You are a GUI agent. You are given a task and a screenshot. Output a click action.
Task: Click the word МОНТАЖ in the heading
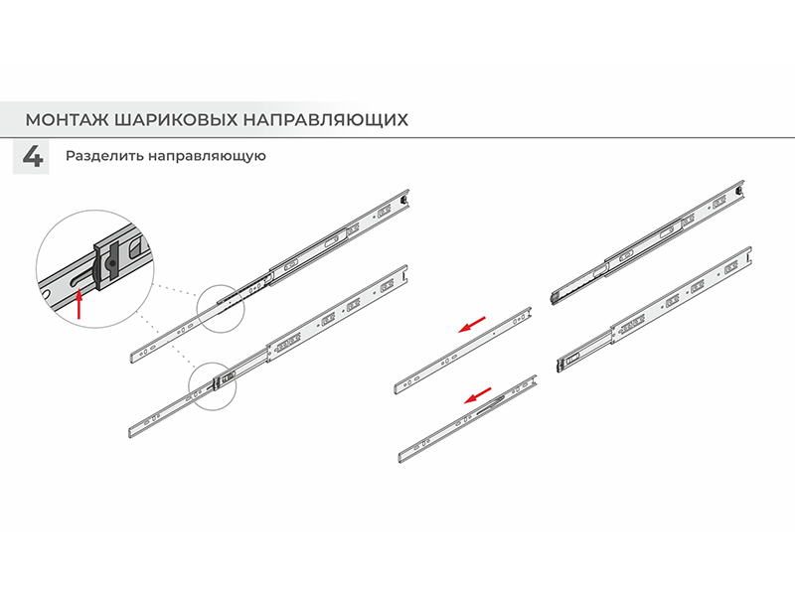tap(67, 120)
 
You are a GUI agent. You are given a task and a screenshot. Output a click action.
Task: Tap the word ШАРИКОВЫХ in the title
tap(176, 120)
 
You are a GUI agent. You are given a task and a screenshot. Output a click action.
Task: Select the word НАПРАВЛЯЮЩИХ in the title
tap(326, 120)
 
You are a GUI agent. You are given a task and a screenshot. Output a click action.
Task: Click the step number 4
tap(32, 157)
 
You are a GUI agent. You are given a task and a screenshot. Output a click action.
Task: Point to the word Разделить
tap(104, 156)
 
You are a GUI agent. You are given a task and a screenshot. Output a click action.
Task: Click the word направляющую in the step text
tap(207, 156)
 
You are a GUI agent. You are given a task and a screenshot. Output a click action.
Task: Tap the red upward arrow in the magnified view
tap(79, 304)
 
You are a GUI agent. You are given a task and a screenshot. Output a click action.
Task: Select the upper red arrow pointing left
tap(471, 325)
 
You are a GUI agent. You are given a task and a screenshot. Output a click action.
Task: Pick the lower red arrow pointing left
tap(478, 395)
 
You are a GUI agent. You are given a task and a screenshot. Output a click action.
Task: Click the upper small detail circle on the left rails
tap(221, 309)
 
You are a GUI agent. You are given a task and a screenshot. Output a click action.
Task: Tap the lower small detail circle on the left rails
tap(213, 385)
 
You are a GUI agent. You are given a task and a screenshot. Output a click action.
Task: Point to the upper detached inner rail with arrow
tap(462, 351)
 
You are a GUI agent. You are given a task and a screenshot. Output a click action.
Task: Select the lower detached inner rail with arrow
tap(467, 419)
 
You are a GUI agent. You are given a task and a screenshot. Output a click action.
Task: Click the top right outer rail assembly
tap(647, 242)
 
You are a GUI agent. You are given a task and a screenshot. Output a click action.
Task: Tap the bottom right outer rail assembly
tap(654, 310)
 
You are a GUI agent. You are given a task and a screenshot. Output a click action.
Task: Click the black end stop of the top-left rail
tap(403, 198)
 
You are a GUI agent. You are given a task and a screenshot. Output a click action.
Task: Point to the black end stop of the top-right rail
tap(739, 190)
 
